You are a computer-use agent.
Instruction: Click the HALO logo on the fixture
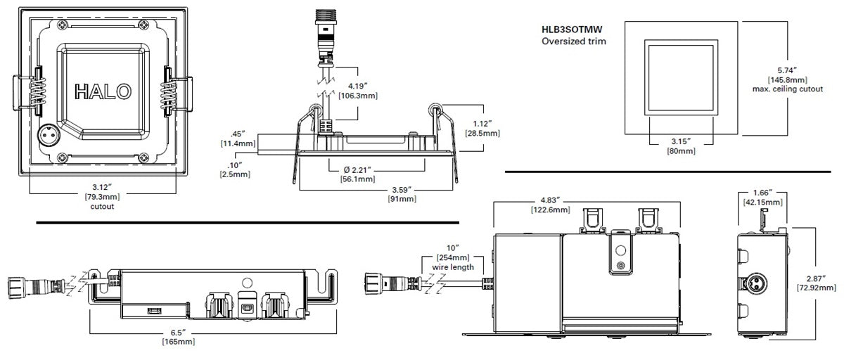pyautogui.click(x=102, y=91)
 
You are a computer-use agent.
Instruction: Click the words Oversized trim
pyautogui.click(x=574, y=41)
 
